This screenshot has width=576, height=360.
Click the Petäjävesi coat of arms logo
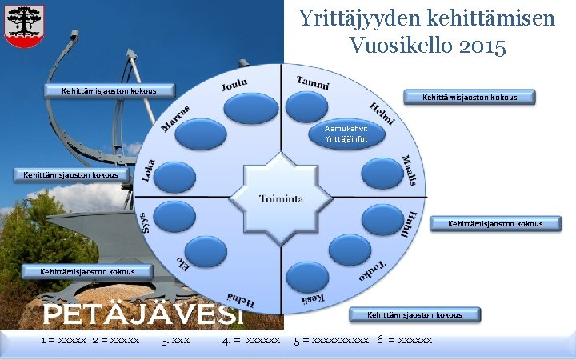coord(25,26)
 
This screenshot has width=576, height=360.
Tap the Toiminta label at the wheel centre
coord(280,198)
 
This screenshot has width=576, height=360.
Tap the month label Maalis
coord(409,170)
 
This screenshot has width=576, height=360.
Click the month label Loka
coord(149,169)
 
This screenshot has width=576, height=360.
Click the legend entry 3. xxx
coord(175,341)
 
